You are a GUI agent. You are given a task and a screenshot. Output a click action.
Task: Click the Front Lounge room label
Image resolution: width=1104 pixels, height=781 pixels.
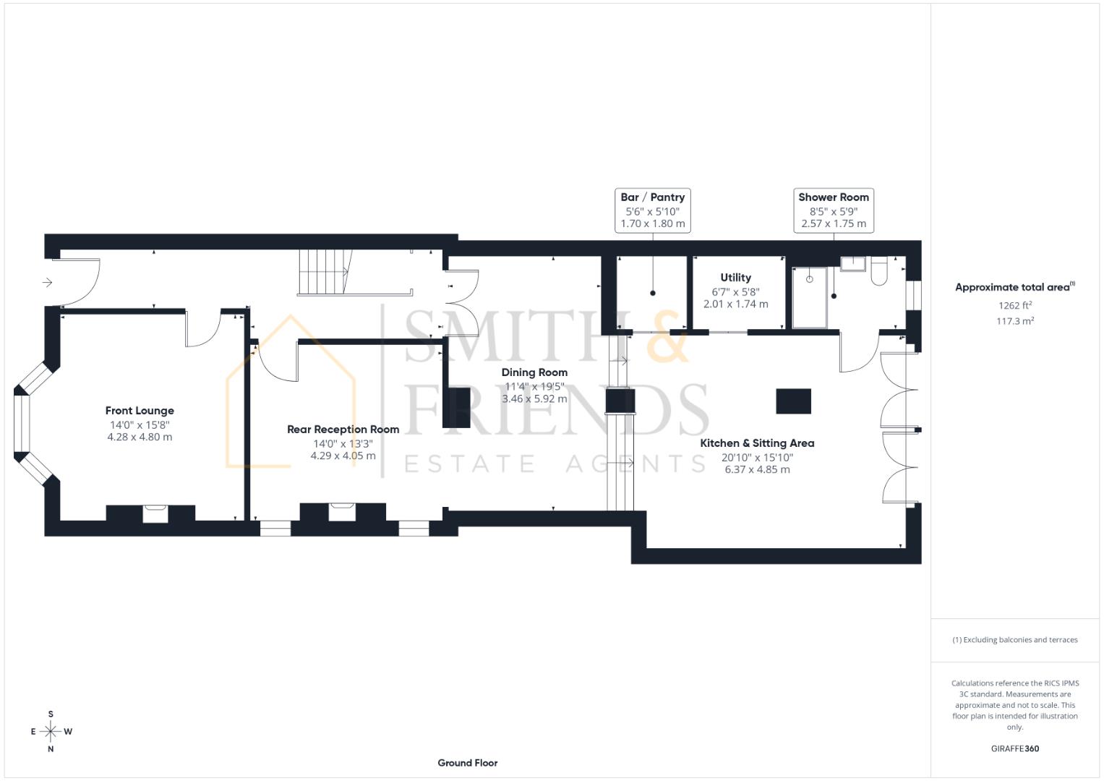click(x=140, y=411)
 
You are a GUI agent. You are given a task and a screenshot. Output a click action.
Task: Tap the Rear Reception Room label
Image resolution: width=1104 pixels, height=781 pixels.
click(x=343, y=430)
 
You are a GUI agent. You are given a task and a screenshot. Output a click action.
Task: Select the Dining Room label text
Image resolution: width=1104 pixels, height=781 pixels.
click(x=534, y=372)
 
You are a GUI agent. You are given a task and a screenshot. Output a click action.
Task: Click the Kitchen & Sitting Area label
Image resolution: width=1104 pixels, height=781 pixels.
click(x=757, y=443)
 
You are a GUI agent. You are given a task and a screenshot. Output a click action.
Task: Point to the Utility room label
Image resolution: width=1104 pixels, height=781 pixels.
click(x=735, y=278)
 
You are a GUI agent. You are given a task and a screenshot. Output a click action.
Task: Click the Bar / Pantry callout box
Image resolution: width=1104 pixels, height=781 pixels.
click(x=652, y=210)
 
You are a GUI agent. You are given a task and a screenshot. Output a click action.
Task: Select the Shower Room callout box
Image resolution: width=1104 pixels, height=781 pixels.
click(x=833, y=210)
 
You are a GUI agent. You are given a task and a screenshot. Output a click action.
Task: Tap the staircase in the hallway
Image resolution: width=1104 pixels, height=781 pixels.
click(x=324, y=272)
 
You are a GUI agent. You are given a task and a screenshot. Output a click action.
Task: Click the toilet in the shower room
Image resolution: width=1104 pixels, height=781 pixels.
click(x=880, y=271)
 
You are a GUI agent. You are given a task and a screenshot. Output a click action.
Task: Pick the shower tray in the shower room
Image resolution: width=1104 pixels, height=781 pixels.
click(x=809, y=297)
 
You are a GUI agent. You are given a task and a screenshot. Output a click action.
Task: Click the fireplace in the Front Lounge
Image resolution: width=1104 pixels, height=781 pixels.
click(x=155, y=513)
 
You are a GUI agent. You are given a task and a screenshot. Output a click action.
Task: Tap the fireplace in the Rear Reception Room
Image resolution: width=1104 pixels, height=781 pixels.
click(x=342, y=512)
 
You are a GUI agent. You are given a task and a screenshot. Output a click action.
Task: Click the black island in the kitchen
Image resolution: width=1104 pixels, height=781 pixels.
click(x=793, y=401)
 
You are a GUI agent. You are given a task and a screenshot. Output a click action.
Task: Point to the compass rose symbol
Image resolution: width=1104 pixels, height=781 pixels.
click(x=51, y=732)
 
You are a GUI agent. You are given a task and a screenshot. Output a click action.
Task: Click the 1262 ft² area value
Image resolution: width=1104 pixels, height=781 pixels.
click(x=1015, y=305)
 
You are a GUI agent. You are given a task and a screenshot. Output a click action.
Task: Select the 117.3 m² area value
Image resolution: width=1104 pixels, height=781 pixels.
click(x=1015, y=321)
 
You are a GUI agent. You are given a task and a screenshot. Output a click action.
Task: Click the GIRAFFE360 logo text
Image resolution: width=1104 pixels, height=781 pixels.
click(x=1014, y=748)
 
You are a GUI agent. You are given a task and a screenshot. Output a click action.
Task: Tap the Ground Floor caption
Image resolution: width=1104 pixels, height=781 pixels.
click(x=467, y=763)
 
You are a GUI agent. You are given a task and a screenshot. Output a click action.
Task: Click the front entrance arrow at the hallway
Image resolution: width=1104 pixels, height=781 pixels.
click(x=48, y=282)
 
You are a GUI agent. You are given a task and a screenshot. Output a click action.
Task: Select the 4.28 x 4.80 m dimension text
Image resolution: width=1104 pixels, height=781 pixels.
click(x=140, y=437)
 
